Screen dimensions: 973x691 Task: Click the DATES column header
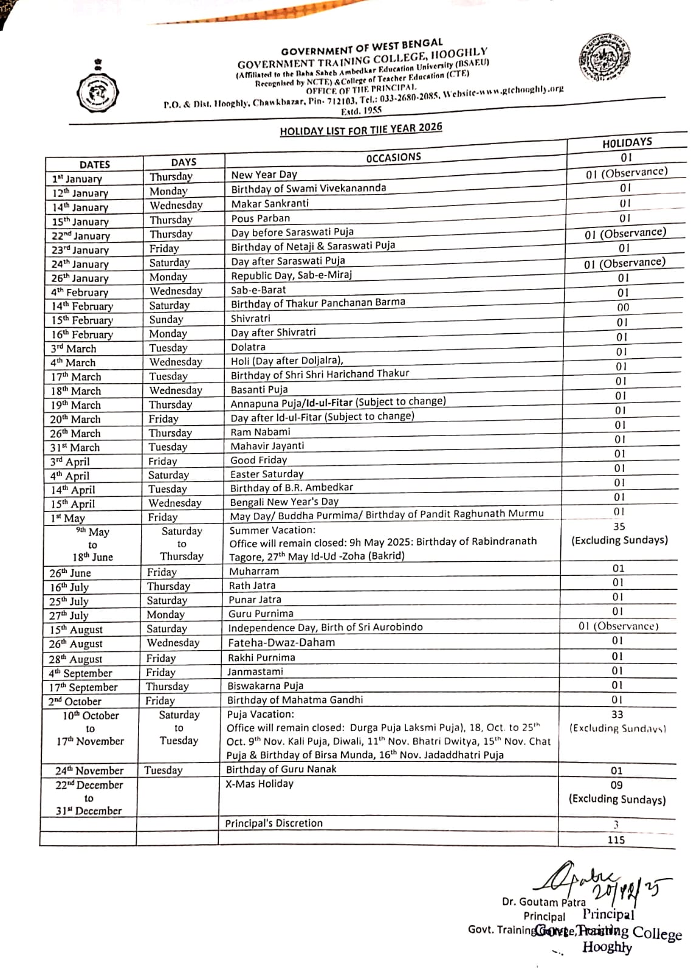[x=95, y=164]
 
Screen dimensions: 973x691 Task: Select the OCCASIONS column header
[x=393, y=158]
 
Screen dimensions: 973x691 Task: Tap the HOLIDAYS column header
[x=627, y=143]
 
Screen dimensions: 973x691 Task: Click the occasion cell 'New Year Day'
[x=264, y=175]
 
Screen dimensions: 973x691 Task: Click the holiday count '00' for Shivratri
[x=623, y=308]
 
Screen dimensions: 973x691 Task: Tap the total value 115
[x=616, y=840]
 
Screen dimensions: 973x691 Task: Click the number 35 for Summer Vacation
[x=619, y=527]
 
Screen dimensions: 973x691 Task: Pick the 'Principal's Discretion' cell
[x=274, y=823]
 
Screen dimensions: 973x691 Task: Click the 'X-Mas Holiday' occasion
[x=260, y=784]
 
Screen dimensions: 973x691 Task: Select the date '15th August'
[x=76, y=630]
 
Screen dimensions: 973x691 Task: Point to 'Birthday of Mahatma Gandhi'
[x=295, y=700]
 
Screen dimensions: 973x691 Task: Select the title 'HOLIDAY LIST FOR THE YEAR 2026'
[x=361, y=130]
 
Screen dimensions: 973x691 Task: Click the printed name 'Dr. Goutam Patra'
[x=543, y=902]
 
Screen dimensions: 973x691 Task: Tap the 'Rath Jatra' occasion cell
[x=252, y=586]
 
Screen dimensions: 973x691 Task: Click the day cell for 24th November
[x=163, y=770]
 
